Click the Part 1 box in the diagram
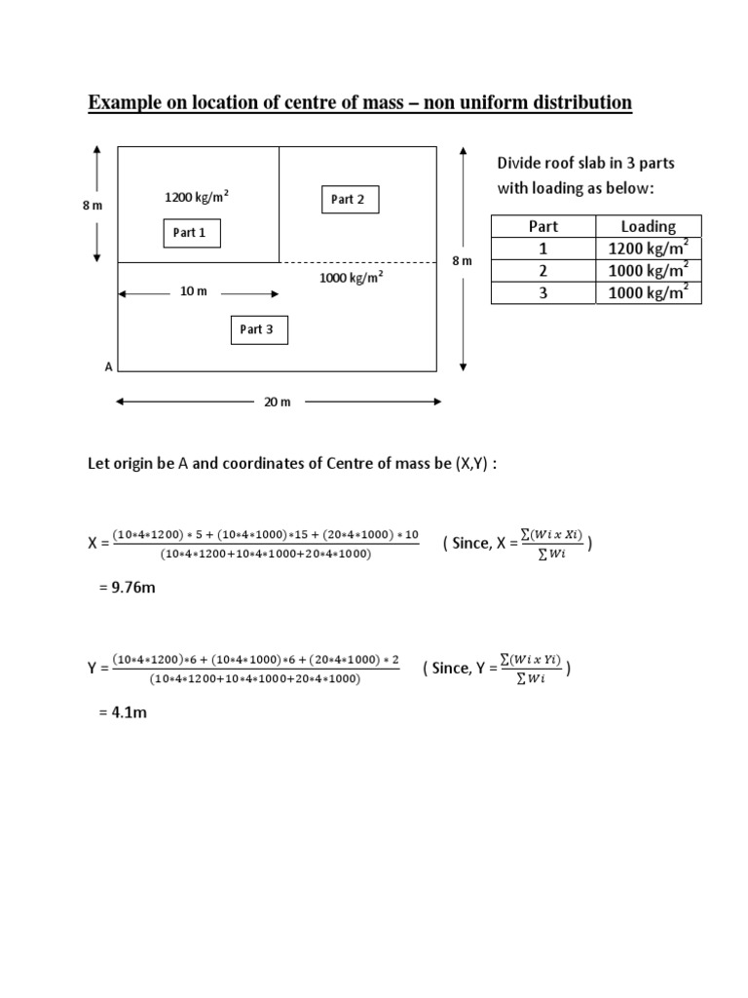coord(190,233)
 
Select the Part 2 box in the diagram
coord(348,200)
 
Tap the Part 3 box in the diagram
coord(257,329)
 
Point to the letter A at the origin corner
coord(108,367)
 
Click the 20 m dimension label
coord(278,402)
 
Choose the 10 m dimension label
coord(194,291)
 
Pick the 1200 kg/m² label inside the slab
coord(197,198)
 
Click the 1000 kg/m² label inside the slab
coord(351,277)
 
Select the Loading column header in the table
coord(648,226)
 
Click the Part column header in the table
coord(542,226)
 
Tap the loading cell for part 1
coord(648,249)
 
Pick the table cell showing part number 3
coord(542,292)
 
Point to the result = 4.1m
coord(122,712)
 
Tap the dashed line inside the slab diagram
coord(357,262)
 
